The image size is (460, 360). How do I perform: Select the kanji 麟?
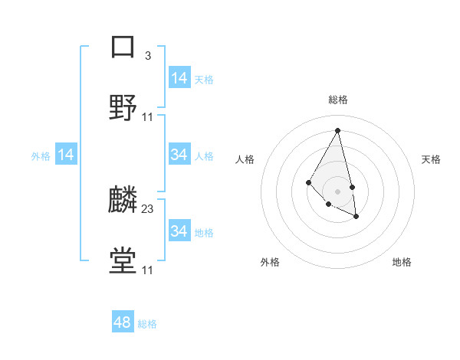pos(123,200)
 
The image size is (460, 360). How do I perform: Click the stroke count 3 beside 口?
pos(148,55)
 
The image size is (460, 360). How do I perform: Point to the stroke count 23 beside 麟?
pos(148,208)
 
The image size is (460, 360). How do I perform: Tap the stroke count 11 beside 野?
pos(148,117)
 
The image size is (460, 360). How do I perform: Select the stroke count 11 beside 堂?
pos(148,270)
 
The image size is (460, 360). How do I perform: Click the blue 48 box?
pos(123,322)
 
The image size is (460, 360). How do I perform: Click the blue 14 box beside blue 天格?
pos(179,78)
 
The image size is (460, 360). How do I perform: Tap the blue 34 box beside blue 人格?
pos(179,155)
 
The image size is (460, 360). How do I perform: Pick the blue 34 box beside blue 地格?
pos(179,231)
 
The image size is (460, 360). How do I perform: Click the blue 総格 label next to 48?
pos(147,324)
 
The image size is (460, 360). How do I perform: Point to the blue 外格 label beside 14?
pos(41,156)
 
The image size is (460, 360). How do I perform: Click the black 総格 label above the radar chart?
pos(338,100)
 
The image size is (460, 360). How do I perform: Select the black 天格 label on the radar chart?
pos(431,159)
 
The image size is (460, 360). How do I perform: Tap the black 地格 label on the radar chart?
pos(402,263)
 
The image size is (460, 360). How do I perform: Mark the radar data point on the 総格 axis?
pos(338,129)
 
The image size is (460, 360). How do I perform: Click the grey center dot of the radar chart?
pos(338,191)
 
